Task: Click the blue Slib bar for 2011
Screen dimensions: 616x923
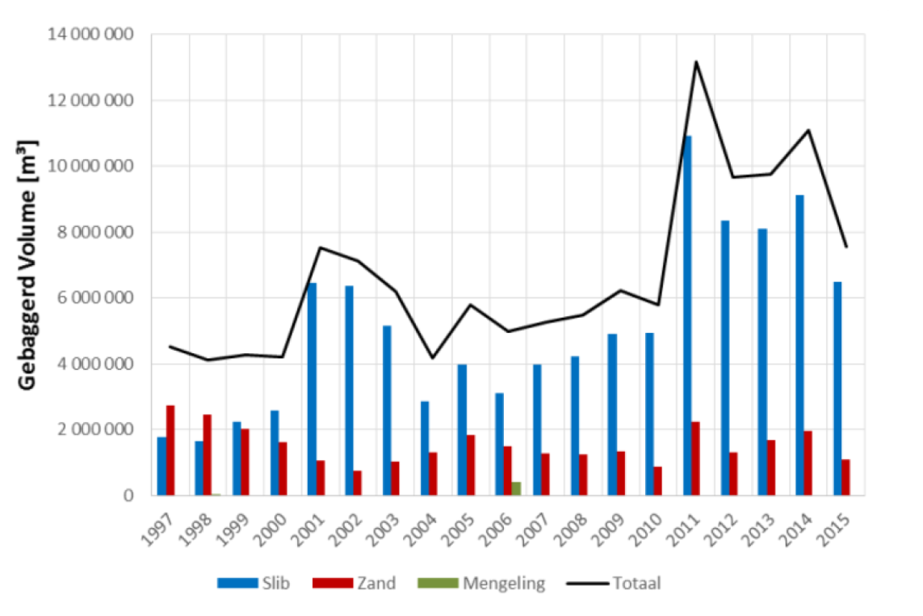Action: coord(687,315)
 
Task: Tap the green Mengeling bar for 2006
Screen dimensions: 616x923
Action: coord(516,488)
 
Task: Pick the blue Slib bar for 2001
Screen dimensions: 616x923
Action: coord(312,389)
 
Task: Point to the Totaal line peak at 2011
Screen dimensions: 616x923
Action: coord(695,61)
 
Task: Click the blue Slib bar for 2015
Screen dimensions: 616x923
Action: coord(837,388)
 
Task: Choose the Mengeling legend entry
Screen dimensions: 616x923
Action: coord(481,583)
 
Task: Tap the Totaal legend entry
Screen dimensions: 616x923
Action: coord(615,583)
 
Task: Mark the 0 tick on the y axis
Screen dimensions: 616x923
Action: coord(128,496)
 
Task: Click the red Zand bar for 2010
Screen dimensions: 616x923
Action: coord(658,480)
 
